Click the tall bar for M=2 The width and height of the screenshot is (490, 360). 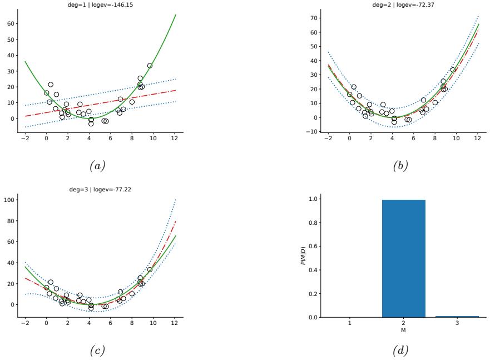coord(403,258)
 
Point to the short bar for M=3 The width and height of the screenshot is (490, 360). coord(457,316)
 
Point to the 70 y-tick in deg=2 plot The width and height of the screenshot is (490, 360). coord(314,18)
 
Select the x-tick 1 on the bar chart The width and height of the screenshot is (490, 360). coord(350,324)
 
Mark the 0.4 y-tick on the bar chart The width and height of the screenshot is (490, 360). coord(315,270)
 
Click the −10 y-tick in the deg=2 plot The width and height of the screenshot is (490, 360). coord(313,132)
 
